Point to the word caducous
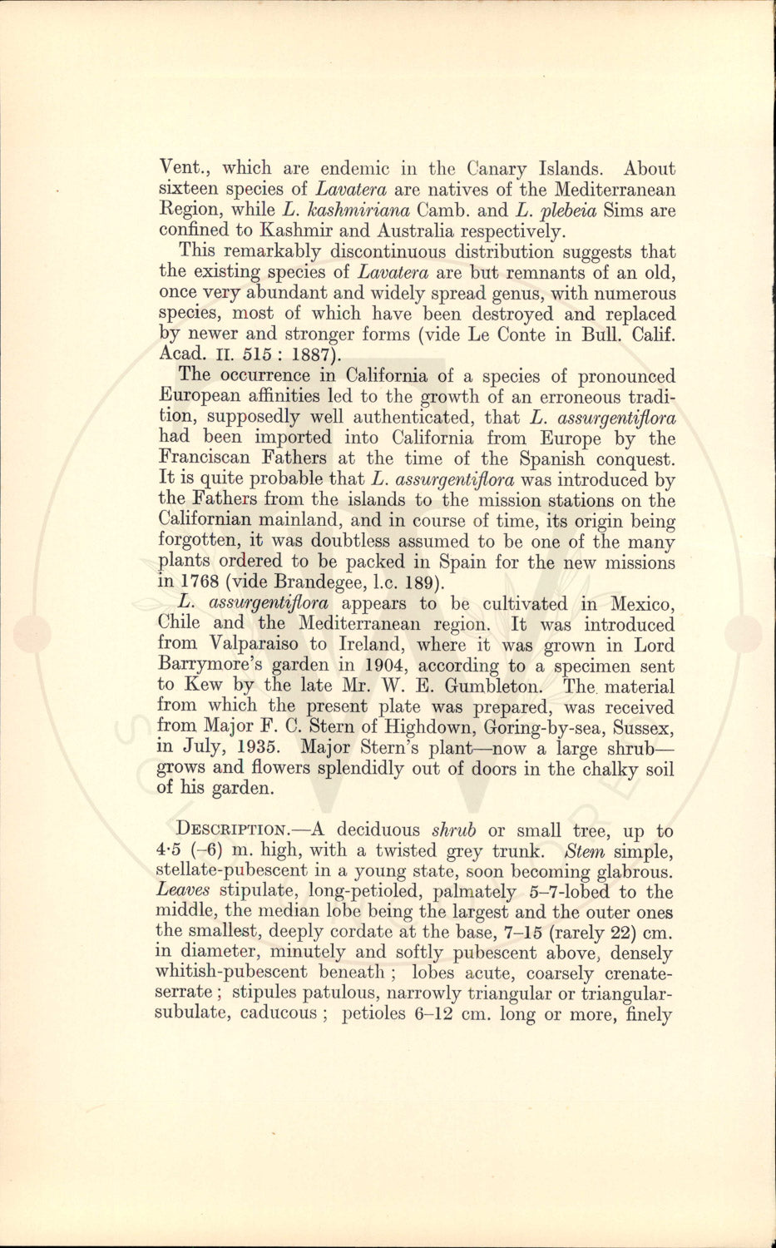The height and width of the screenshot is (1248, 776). tap(277, 1013)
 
